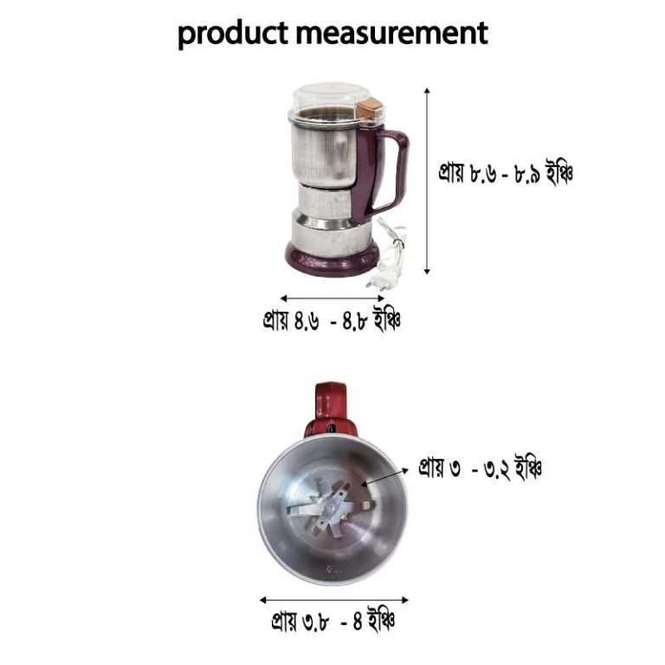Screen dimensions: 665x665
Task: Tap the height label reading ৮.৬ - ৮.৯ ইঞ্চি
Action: (505, 173)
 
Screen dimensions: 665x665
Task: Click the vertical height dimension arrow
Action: (428, 182)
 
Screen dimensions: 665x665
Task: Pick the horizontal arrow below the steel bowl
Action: (333, 598)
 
